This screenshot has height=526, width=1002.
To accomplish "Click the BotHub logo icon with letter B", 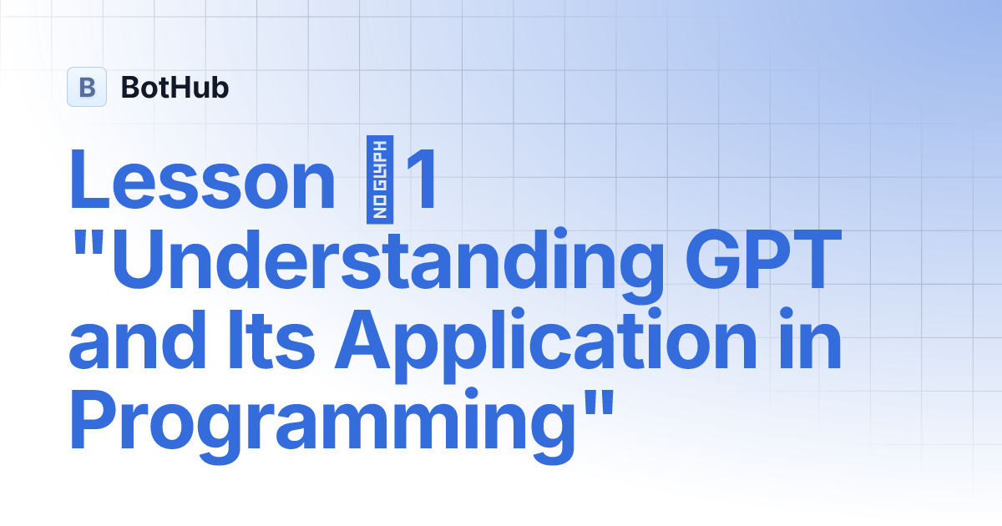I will (87, 87).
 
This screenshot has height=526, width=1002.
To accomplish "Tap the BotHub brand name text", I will (175, 87).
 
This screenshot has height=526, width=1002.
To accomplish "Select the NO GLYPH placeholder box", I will (381, 181).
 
